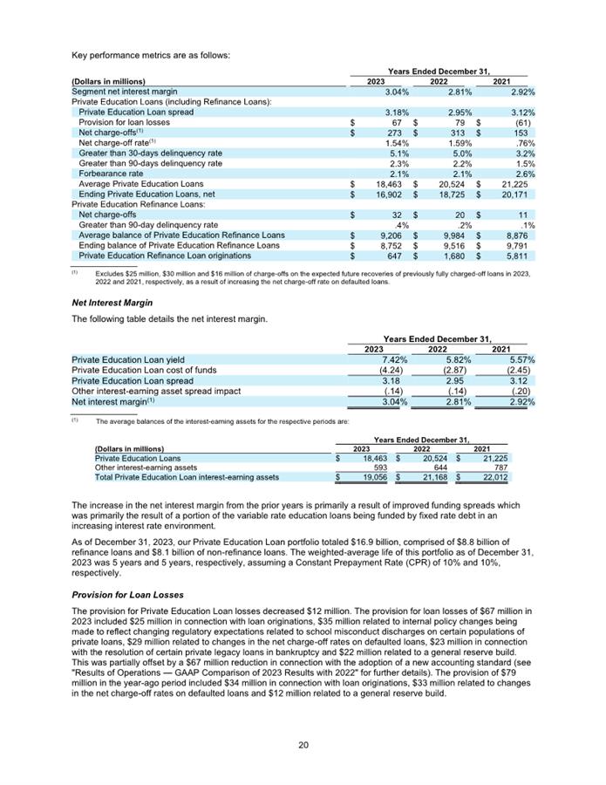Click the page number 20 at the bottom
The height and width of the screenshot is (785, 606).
(303, 744)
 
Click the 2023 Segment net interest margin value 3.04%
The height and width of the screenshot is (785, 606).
(397, 92)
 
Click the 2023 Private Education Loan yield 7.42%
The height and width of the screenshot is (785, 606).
(396, 359)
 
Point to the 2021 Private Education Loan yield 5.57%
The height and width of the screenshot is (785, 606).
(521, 359)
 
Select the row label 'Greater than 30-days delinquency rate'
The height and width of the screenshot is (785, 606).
(150, 154)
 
